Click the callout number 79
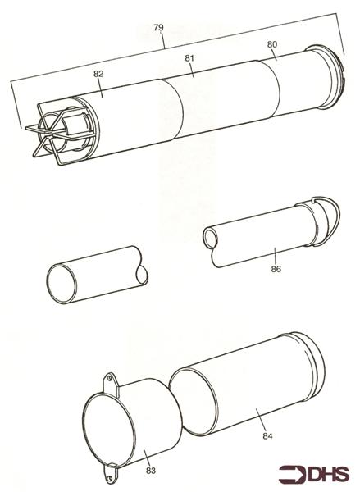[158, 28]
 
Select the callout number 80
[272, 44]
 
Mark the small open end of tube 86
[211, 238]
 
